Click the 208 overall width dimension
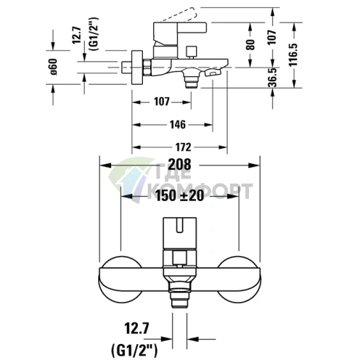click(x=179, y=165)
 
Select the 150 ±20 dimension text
click(x=179, y=195)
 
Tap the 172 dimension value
click(x=183, y=147)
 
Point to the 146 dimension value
click(x=178, y=125)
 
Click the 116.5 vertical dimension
click(x=294, y=54)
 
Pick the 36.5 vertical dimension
click(x=273, y=78)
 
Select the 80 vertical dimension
click(x=251, y=45)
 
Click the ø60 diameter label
click(x=54, y=67)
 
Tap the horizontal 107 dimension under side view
click(x=162, y=102)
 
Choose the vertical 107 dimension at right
click(x=272, y=37)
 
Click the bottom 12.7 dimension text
click(x=136, y=328)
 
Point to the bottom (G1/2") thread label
click(x=134, y=350)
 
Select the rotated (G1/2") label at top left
click(x=94, y=33)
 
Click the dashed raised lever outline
click(x=179, y=15)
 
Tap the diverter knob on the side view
click(x=191, y=52)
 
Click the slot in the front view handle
click(x=179, y=225)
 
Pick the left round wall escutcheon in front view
click(x=120, y=279)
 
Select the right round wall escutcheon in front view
click(x=239, y=279)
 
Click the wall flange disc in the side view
click(x=137, y=67)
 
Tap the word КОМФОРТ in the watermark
click(x=200, y=191)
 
